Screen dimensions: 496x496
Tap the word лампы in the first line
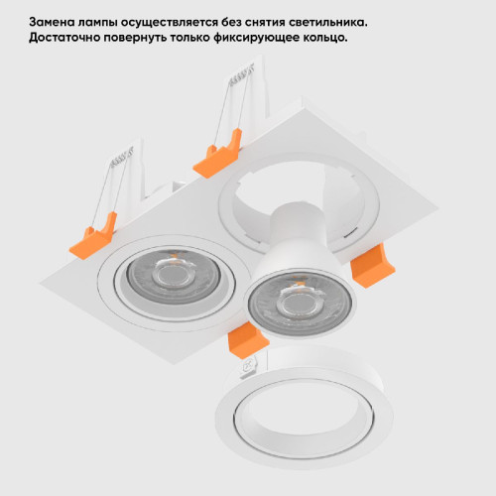click(97, 23)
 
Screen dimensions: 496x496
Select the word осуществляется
click(170, 23)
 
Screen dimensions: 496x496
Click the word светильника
click(327, 23)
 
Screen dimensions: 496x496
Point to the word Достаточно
click(63, 38)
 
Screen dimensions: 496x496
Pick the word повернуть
click(135, 38)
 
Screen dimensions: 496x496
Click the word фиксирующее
click(256, 38)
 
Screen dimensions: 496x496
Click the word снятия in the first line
click(265, 23)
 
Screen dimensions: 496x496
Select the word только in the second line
click(190, 38)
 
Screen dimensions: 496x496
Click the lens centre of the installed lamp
click(171, 276)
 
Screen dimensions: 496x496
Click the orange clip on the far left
click(93, 236)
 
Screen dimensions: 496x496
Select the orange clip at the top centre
click(217, 154)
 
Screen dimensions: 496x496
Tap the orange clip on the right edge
click(372, 266)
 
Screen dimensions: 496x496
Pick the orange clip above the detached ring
click(248, 339)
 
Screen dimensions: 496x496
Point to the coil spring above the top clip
click(241, 75)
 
